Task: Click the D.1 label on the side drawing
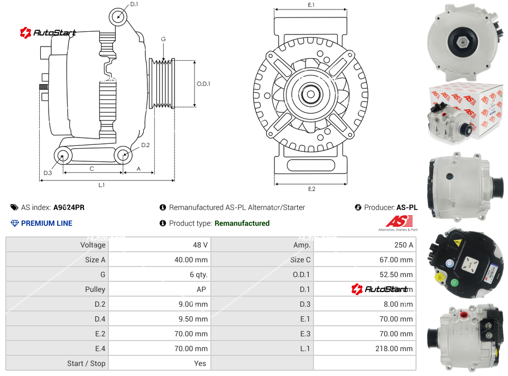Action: point(134,4)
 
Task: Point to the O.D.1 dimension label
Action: point(204,84)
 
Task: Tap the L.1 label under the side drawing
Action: point(101,185)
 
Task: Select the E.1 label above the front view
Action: point(311,5)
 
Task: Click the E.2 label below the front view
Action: point(311,189)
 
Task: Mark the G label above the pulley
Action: point(163,40)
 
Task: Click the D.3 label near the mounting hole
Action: point(48,173)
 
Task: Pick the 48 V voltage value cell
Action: point(201,245)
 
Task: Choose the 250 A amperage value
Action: point(404,245)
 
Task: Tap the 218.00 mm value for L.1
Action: point(397,349)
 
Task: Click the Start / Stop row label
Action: point(86,363)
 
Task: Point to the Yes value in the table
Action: point(201,363)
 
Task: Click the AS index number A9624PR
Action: point(69,208)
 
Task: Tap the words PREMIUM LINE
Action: point(47,223)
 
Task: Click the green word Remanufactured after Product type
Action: point(242,223)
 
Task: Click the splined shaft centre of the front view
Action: point(311,95)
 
